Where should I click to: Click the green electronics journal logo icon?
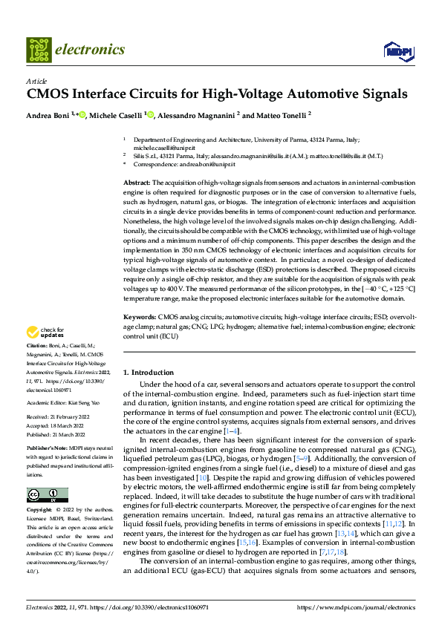click(38, 50)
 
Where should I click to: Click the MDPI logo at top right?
click(395, 50)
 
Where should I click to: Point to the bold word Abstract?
click(137, 183)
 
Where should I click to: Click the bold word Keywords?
click(139, 317)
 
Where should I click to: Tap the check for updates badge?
click(46, 333)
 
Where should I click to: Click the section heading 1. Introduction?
click(149, 373)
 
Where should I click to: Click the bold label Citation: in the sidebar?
click(36, 347)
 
